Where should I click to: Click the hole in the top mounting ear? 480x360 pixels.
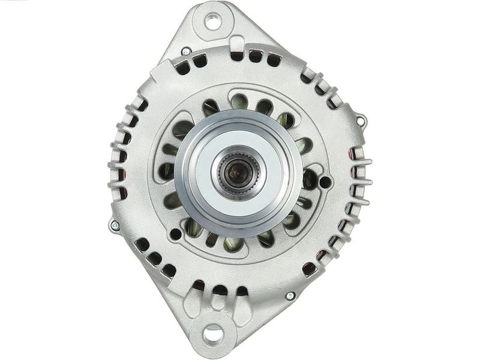point(212,21)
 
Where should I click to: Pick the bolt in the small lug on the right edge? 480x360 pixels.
point(361,121)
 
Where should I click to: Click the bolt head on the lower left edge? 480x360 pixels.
point(114,226)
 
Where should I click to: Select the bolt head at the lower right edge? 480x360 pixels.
point(290,296)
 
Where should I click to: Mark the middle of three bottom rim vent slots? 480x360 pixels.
point(221,290)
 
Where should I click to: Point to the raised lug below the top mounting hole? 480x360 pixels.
point(236,44)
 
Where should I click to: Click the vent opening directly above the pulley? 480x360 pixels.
point(239,102)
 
